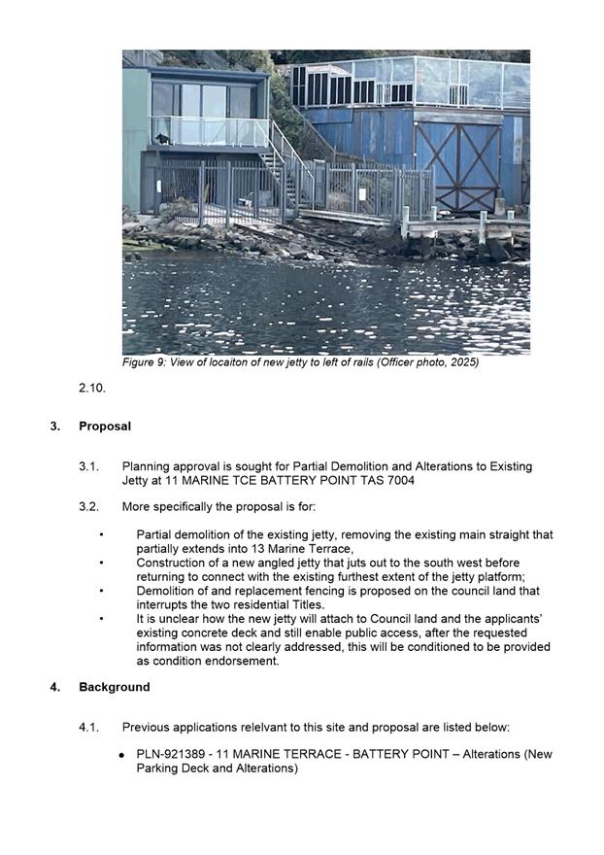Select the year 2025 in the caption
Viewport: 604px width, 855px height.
460,362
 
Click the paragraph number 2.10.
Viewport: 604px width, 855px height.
92,388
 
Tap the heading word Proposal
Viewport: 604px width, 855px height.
105,427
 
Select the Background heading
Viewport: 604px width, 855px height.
115,687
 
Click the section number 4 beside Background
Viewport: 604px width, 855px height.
54,687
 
